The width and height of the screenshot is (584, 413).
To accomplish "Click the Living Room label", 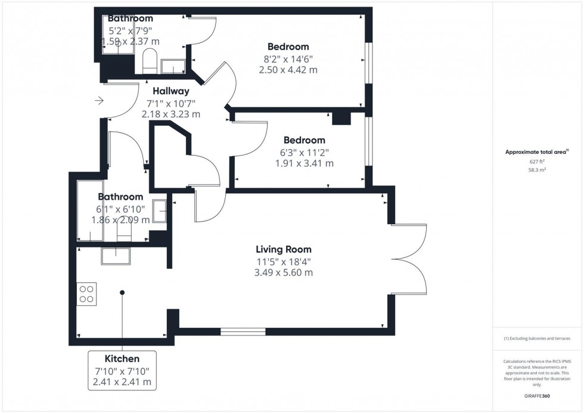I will coord(284,249).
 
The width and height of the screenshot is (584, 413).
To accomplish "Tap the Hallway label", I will coord(170,91).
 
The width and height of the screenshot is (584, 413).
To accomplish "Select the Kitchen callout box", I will coord(122,370).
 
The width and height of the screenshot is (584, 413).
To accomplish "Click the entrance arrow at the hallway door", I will coord(99,101).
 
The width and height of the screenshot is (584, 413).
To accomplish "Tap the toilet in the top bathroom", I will coord(149,61).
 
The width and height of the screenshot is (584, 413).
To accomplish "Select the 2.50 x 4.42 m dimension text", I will coord(288,70).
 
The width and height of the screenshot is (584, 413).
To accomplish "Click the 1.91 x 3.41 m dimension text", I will coord(304,163).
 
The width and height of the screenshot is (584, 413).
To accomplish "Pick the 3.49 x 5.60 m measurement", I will coord(284,272).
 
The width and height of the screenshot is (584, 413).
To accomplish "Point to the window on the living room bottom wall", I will coord(243,331).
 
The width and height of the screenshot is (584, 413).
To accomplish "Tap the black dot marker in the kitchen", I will coord(122,292).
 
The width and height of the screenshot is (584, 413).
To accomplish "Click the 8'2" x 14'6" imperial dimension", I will coord(288,58).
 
